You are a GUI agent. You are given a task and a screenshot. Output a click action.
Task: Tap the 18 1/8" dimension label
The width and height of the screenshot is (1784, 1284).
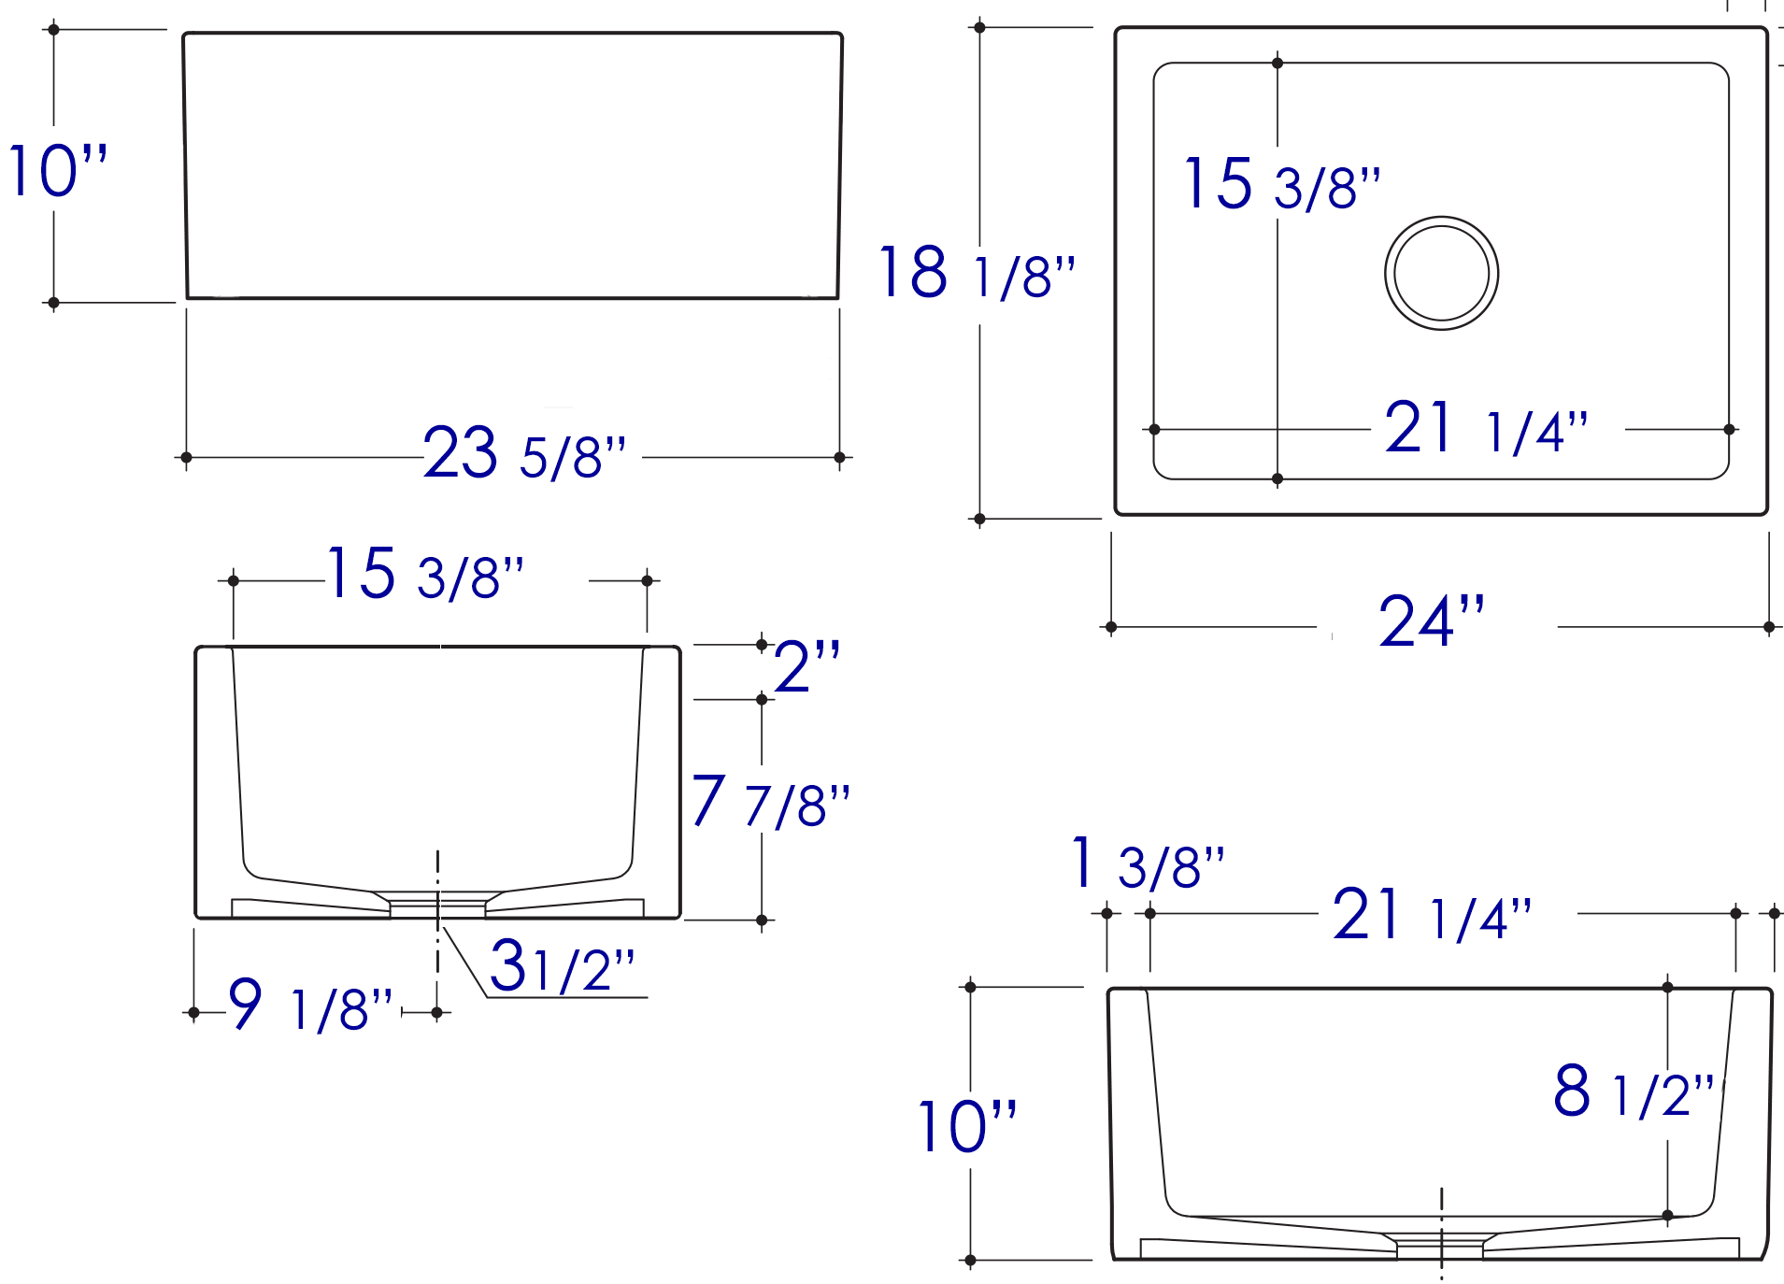978,274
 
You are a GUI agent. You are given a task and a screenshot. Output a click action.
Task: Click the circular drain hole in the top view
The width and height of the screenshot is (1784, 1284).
1441,273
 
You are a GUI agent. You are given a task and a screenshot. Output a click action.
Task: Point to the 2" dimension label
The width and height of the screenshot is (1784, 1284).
806,667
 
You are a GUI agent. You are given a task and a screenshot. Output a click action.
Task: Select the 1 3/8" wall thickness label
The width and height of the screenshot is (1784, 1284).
1148,865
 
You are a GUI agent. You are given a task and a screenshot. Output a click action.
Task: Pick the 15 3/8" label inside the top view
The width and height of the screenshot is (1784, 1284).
1281,185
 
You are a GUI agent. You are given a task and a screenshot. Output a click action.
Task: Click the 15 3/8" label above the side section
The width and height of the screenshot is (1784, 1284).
425,575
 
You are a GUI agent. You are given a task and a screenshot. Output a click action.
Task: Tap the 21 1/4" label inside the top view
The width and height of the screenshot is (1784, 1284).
1486,429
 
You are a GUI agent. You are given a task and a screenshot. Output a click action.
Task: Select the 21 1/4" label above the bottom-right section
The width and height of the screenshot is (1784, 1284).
1432,916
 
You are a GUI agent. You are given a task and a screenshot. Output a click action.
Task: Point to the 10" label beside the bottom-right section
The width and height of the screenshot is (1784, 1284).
966,1127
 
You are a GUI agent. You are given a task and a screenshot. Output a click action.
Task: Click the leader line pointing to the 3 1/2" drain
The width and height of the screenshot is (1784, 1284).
464,962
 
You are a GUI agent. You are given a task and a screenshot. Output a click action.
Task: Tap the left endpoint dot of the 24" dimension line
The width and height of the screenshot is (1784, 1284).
1111,627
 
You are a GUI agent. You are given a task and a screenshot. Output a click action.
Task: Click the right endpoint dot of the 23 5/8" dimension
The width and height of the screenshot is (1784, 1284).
839,458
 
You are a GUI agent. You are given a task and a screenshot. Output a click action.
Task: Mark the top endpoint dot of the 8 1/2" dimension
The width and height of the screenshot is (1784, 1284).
1667,987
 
